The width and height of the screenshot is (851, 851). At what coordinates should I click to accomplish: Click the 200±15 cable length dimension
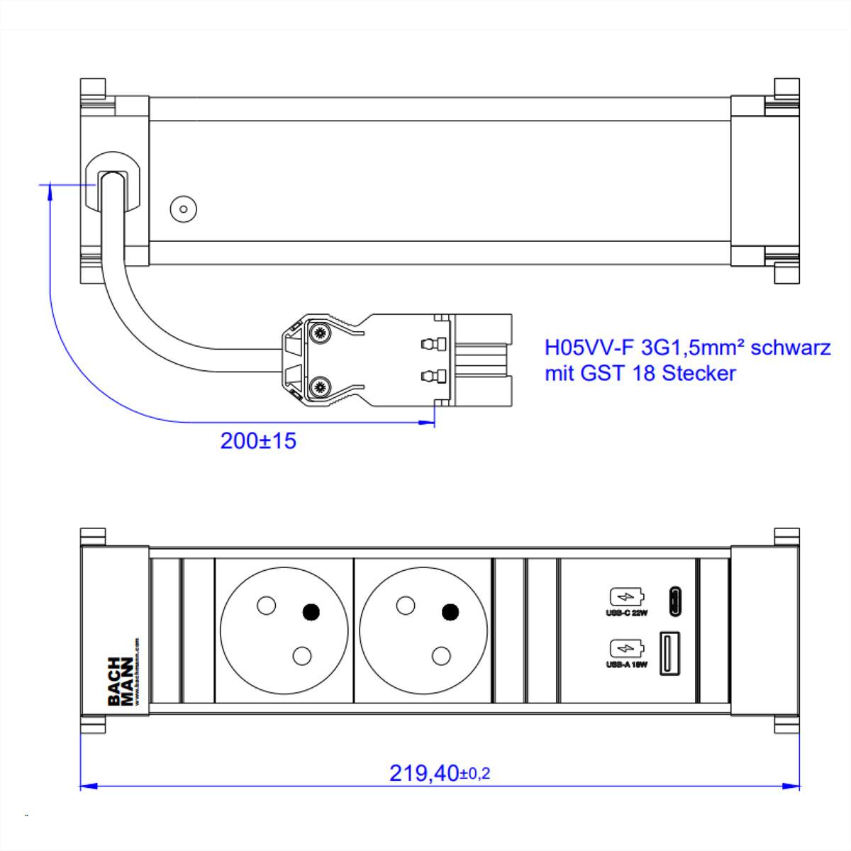point(258,441)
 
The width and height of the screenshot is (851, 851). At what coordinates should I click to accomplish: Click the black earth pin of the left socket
point(311,611)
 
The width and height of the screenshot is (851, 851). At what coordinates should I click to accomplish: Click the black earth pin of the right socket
point(450,611)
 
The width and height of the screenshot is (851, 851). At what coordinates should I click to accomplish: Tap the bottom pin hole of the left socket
point(302,655)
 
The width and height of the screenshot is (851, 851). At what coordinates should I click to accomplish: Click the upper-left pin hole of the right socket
point(405,605)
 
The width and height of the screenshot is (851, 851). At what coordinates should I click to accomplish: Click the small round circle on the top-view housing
point(184,209)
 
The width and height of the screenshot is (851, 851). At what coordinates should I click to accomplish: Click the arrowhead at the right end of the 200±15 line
point(428,422)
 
